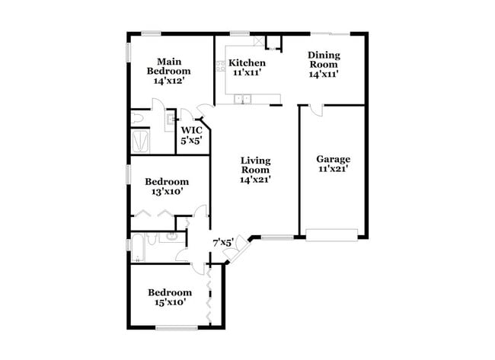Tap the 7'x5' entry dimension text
tap(222, 242)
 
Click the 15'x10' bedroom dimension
tap(169, 302)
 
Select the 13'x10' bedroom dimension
tap(167, 192)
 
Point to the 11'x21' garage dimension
tap(334, 169)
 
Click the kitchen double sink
tap(244, 98)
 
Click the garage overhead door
tap(331, 234)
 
